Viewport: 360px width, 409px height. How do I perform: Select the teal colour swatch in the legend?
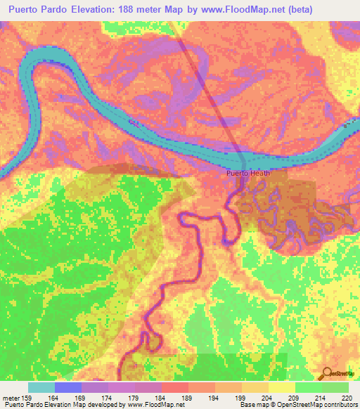point(41,387)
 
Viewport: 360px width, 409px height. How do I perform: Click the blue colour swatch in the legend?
point(68,387)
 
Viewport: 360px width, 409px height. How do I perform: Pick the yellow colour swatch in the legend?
point(281,387)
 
